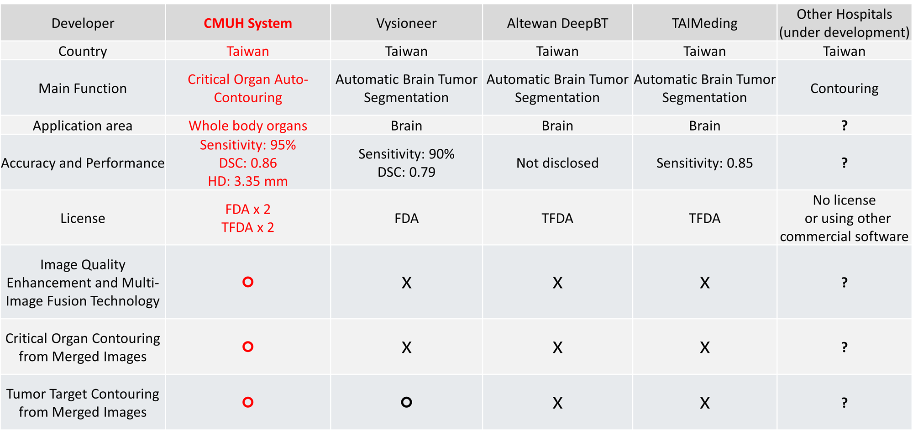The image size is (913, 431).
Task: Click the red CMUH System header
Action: (248, 23)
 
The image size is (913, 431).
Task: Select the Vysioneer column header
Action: (406, 23)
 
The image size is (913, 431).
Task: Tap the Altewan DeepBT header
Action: (557, 23)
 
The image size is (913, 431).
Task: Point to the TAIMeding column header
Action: (704, 23)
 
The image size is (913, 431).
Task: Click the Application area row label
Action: (83, 126)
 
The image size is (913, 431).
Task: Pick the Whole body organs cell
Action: (248, 126)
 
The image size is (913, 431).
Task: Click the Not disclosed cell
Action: (557, 163)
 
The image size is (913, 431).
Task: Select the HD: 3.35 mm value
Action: (248, 181)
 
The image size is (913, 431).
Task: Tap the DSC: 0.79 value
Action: (406, 172)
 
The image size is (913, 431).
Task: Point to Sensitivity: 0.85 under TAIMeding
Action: (704, 163)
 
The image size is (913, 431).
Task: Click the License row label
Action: (83, 218)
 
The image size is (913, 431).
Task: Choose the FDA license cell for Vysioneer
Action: (406, 218)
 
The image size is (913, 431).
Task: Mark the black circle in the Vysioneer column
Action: (406, 402)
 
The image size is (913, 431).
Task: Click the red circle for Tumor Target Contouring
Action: (248, 402)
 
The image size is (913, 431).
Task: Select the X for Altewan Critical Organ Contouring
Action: (557, 348)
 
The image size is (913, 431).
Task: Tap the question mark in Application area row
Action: (845, 126)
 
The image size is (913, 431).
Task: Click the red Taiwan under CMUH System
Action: (248, 51)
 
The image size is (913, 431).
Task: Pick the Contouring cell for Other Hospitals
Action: (845, 89)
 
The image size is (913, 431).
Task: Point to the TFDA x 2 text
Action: (248, 227)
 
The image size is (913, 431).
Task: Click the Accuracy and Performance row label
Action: (83, 163)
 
